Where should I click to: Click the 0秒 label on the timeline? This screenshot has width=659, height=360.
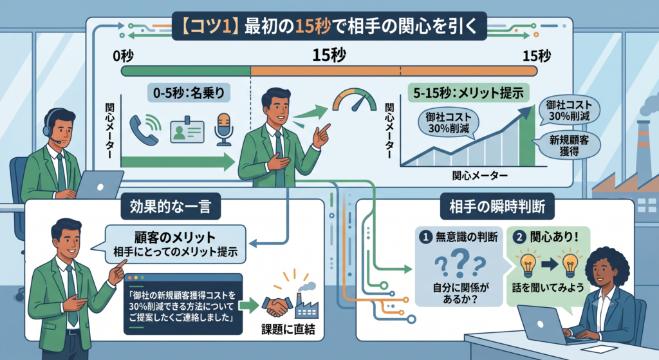pyautogui.click(x=123, y=56)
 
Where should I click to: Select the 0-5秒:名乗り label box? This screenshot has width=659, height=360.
pyautogui.click(x=189, y=93)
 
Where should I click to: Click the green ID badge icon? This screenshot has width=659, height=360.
pyautogui.click(x=187, y=130)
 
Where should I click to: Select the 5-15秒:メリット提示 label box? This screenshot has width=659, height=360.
pyautogui.click(x=469, y=93)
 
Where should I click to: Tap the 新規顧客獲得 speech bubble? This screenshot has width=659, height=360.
pyautogui.click(x=569, y=145)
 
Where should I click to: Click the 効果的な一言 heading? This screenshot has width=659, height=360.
pyautogui.click(x=170, y=207)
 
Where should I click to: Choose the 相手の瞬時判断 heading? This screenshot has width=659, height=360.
pyautogui.click(x=497, y=207)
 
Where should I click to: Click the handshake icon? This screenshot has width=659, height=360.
pyautogui.click(x=277, y=306)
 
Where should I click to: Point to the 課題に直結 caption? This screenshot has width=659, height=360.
pyautogui.click(x=288, y=329)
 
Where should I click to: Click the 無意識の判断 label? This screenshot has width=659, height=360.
pyautogui.click(x=467, y=237)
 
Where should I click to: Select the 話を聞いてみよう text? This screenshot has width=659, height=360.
pyautogui.click(x=548, y=287)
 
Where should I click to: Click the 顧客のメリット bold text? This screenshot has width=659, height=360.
pyautogui.click(x=175, y=237)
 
